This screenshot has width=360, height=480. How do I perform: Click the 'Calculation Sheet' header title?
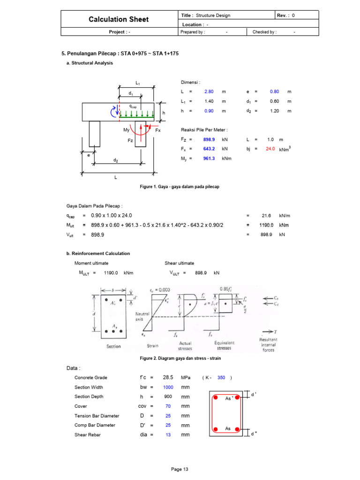pyautogui.click(x=119, y=19)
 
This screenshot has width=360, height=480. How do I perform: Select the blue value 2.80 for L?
pyautogui.click(x=209, y=91)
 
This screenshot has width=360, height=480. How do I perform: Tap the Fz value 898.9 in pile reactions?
pyautogui.click(x=209, y=140)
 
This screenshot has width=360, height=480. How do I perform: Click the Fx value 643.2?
pyautogui.click(x=209, y=149)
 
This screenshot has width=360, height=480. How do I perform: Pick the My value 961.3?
pyautogui.click(x=209, y=158)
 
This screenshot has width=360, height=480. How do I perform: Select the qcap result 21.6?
pyautogui.click(x=267, y=216)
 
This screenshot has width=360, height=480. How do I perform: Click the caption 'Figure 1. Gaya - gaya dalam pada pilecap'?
pyautogui.click(x=180, y=187)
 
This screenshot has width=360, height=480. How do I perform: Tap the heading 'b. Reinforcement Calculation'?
pyautogui.click(x=98, y=254)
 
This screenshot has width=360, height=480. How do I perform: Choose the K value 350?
pyautogui.click(x=221, y=377)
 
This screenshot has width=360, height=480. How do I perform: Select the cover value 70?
pyautogui.click(x=168, y=406)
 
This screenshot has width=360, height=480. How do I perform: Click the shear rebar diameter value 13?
pyautogui.click(x=168, y=435)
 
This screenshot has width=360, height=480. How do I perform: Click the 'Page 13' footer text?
pyautogui.click(x=180, y=469)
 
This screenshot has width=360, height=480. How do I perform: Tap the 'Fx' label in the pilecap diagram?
pyautogui.click(x=158, y=130)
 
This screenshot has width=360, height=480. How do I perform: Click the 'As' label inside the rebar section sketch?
pyautogui.click(x=228, y=428)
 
